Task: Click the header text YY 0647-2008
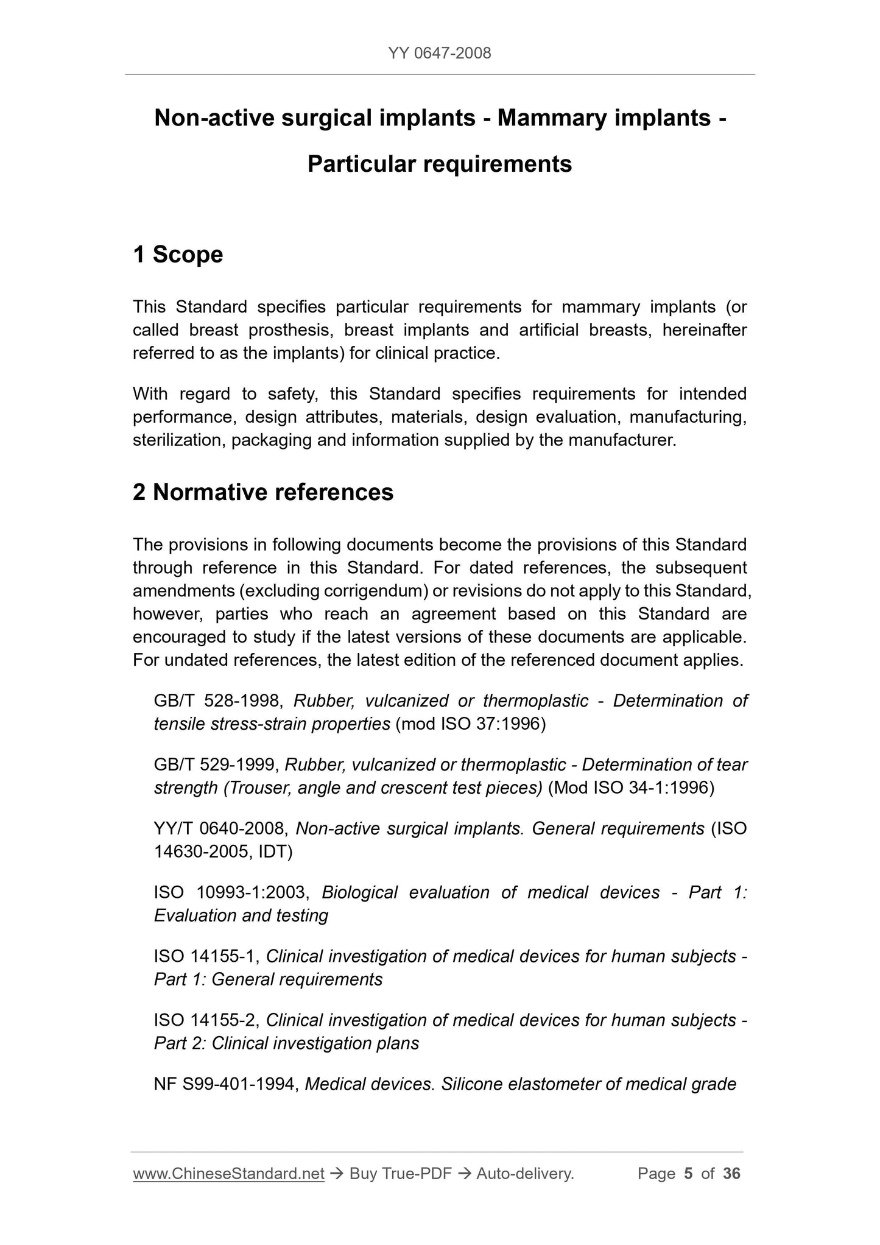pyautogui.click(x=439, y=54)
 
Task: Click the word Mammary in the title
pyautogui.click(x=551, y=118)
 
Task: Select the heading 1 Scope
pyautogui.click(x=178, y=255)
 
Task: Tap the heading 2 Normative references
pyautogui.click(x=263, y=492)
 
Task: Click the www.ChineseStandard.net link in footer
pyautogui.click(x=228, y=1174)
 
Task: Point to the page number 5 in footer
pyautogui.click(x=688, y=1174)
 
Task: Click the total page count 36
pyautogui.click(x=731, y=1174)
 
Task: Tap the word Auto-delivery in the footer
pyautogui.click(x=525, y=1174)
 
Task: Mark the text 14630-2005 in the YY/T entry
pyautogui.click(x=199, y=852)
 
